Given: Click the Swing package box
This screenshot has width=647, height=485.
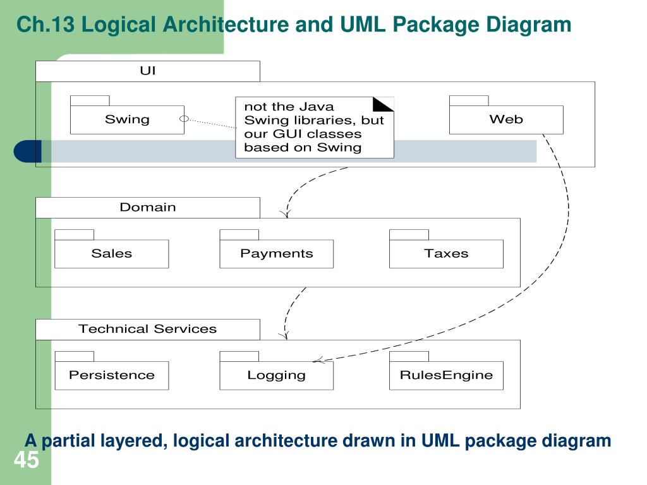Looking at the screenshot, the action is [x=127, y=119].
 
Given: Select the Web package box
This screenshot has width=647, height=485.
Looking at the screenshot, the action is [x=506, y=119].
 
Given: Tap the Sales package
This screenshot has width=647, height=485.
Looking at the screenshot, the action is [x=111, y=253].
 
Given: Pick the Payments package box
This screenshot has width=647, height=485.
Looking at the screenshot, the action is [x=277, y=253].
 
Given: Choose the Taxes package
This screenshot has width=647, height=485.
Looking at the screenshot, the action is [x=446, y=253].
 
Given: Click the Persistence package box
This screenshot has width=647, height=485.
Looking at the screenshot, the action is [x=111, y=375].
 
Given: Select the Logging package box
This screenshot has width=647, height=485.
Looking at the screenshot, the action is [x=277, y=375].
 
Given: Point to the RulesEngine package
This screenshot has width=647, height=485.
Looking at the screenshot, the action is [x=446, y=375].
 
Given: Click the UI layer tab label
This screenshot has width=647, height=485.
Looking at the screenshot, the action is [x=148, y=71].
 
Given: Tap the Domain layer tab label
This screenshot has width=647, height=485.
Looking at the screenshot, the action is [x=148, y=207].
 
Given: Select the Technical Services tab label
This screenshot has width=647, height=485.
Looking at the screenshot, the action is [x=147, y=328].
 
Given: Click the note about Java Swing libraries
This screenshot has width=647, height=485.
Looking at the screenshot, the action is [x=315, y=128].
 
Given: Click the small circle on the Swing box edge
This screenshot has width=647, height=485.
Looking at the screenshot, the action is [x=184, y=119].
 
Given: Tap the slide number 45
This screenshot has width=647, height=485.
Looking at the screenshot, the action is [x=27, y=460].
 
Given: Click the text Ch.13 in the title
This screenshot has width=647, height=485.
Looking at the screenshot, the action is [x=45, y=25].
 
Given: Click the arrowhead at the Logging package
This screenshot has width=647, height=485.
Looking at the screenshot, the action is [x=318, y=361].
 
